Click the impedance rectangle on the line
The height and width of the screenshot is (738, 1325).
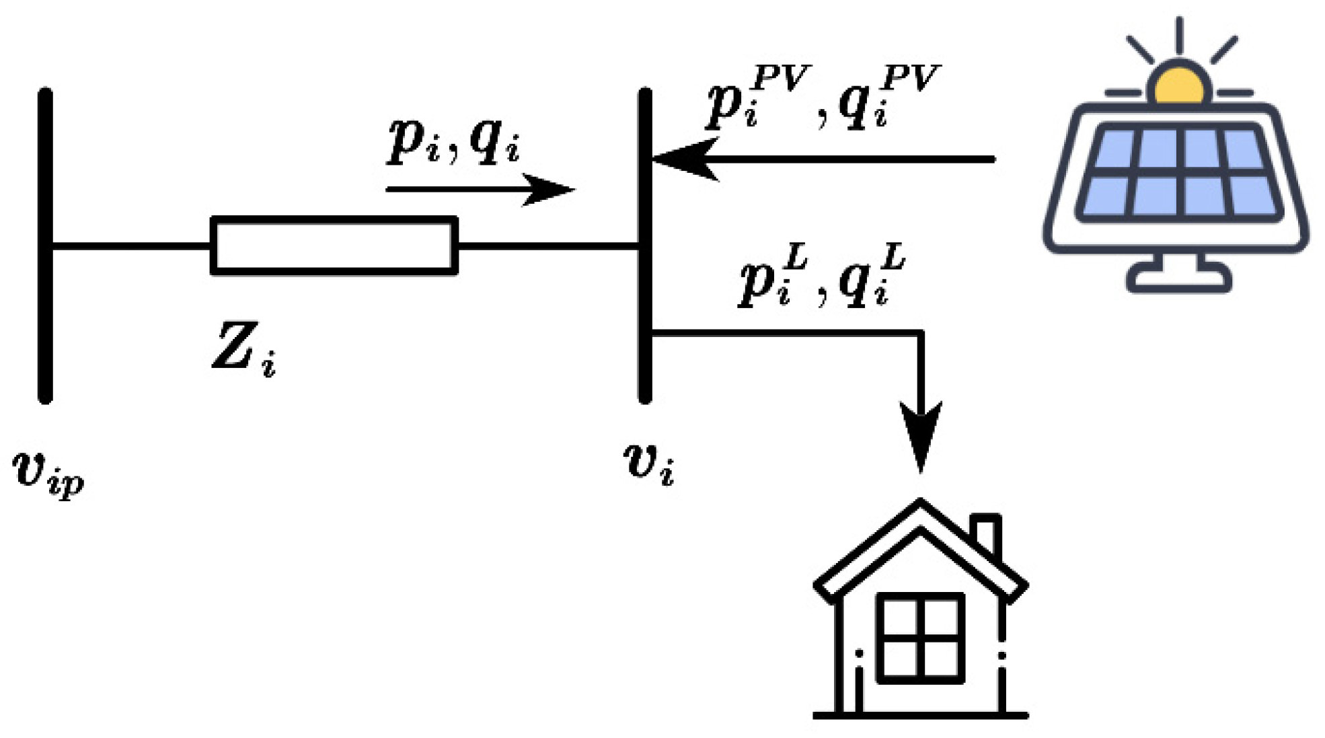[x=334, y=246]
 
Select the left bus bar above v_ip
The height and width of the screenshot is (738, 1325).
[x=45, y=246]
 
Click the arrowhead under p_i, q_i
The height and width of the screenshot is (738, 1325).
[x=548, y=190]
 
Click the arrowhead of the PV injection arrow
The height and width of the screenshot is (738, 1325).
[x=683, y=159]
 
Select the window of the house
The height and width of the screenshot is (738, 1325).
[x=920, y=638]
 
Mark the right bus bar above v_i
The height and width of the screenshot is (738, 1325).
[x=644, y=246]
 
